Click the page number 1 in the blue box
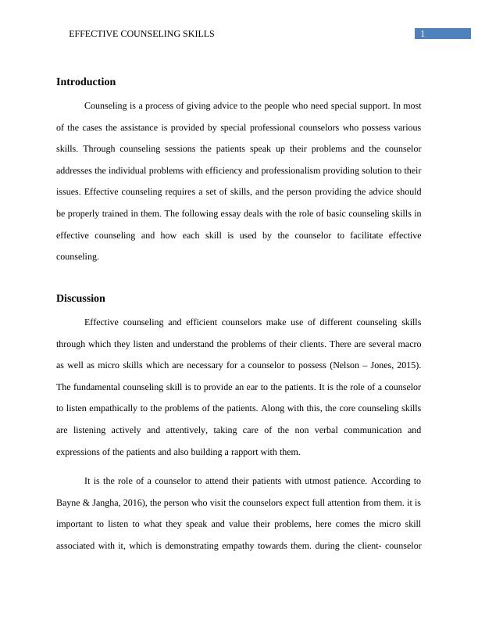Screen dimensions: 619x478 tap(423, 34)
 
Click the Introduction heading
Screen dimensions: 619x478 tap(86, 82)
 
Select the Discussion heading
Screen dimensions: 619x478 tap(80, 299)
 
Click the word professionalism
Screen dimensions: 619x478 tap(260, 170)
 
